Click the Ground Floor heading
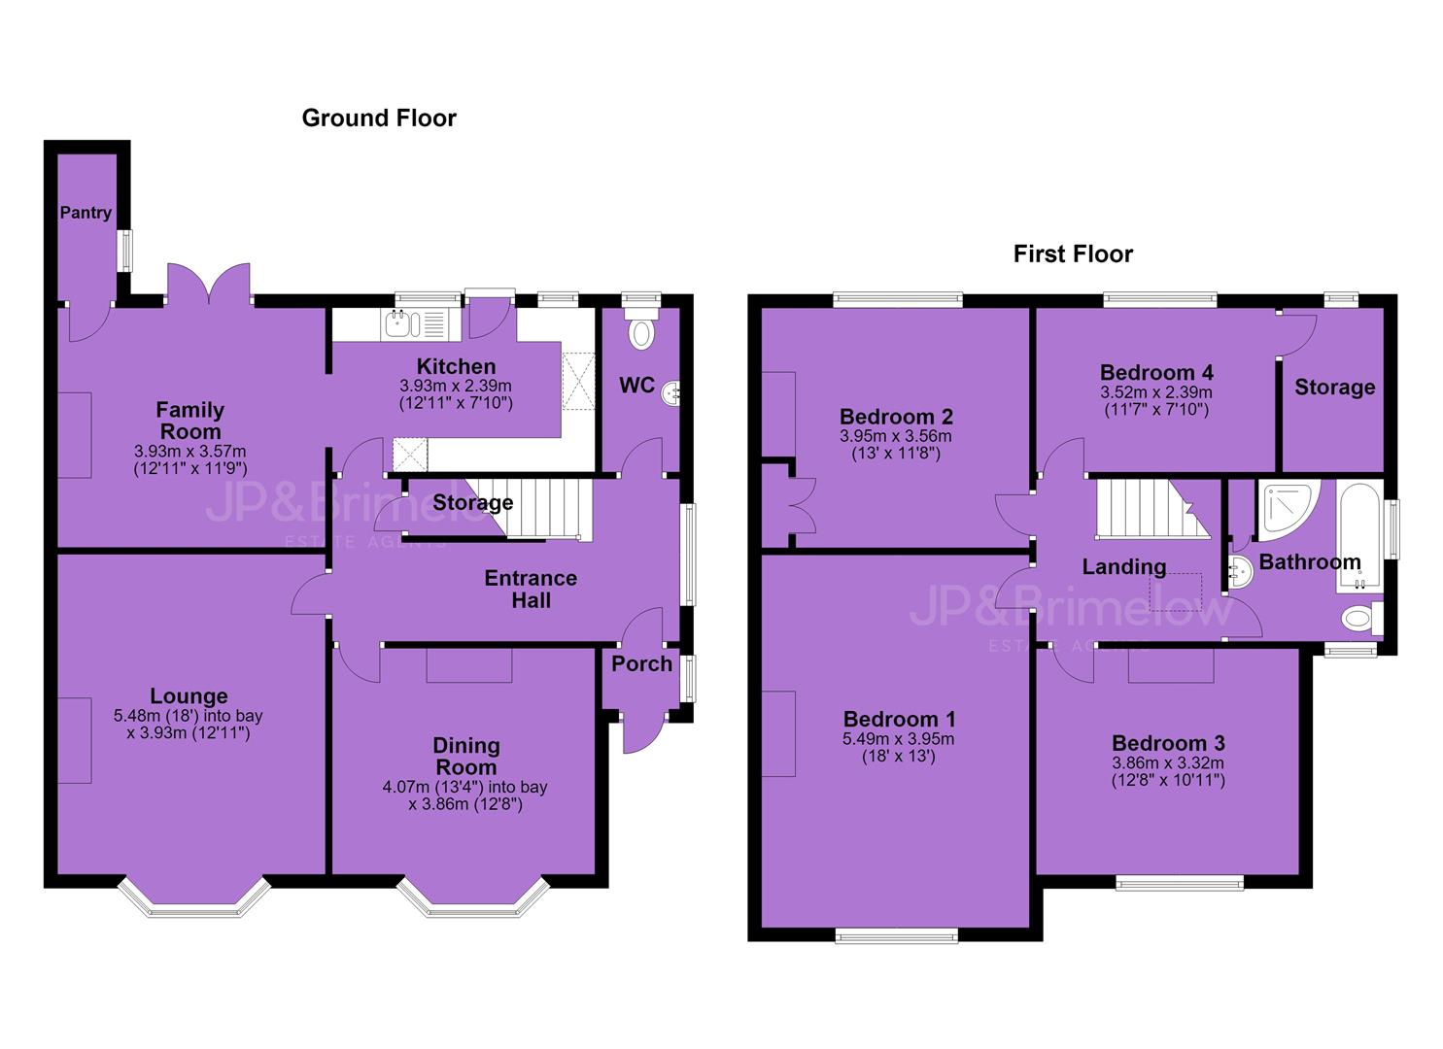[x=379, y=118]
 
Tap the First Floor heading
[x=1073, y=254]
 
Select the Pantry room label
[x=86, y=213]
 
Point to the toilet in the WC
[x=641, y=327]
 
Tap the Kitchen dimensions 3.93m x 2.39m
[x=456, y=387]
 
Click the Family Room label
[x=190, y=421]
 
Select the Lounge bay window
[x=194, y=897]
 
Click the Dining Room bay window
[x=473, y=897]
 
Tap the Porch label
[x=641, y=664]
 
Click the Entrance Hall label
[x=531, y=590]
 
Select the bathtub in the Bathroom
[x=1358, y=536]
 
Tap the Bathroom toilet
[x=1361, y=619]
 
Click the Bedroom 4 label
[x=1156, y=373]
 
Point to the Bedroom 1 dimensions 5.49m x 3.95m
[x=898, y=738]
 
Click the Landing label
[x=1124, y=566]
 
